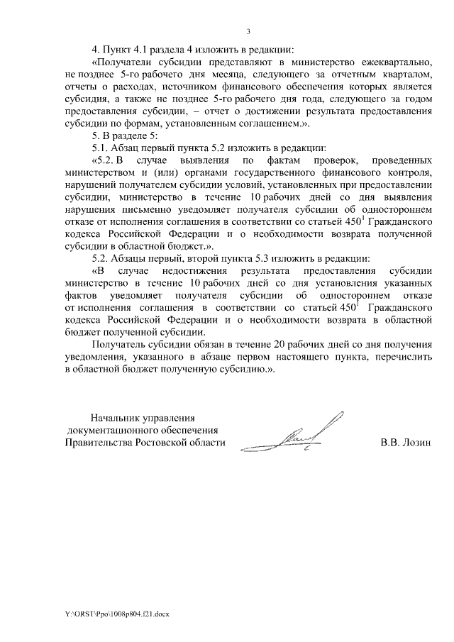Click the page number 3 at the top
248,31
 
